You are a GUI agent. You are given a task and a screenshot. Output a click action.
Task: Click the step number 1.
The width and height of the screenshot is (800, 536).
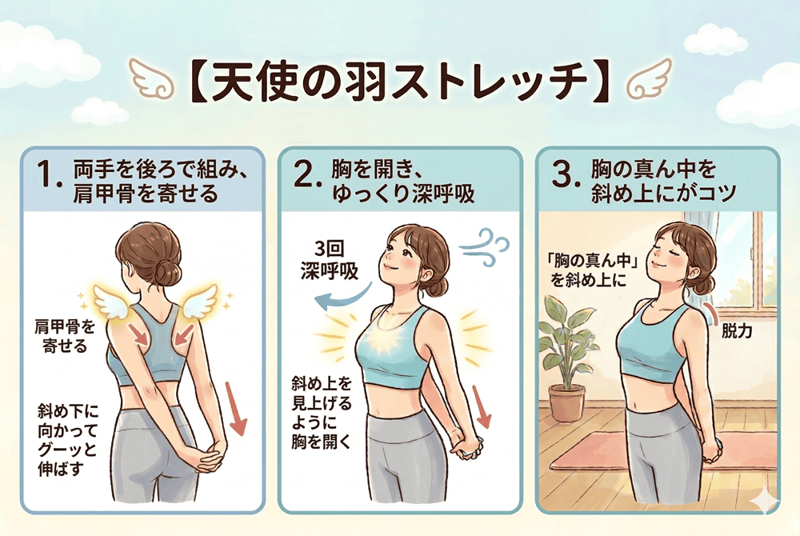(x=49, y=175)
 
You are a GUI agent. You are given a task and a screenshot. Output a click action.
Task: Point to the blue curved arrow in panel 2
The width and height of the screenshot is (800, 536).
(x=342, y=299)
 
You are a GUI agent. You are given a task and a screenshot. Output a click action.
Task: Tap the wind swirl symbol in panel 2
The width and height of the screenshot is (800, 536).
(x=485, y=247)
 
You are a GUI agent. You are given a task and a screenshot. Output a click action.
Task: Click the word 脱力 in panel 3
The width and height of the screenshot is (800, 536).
(x=737, y=331)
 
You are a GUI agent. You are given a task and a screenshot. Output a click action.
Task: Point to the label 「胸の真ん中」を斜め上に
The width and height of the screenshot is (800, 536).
(x=591, y=270)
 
